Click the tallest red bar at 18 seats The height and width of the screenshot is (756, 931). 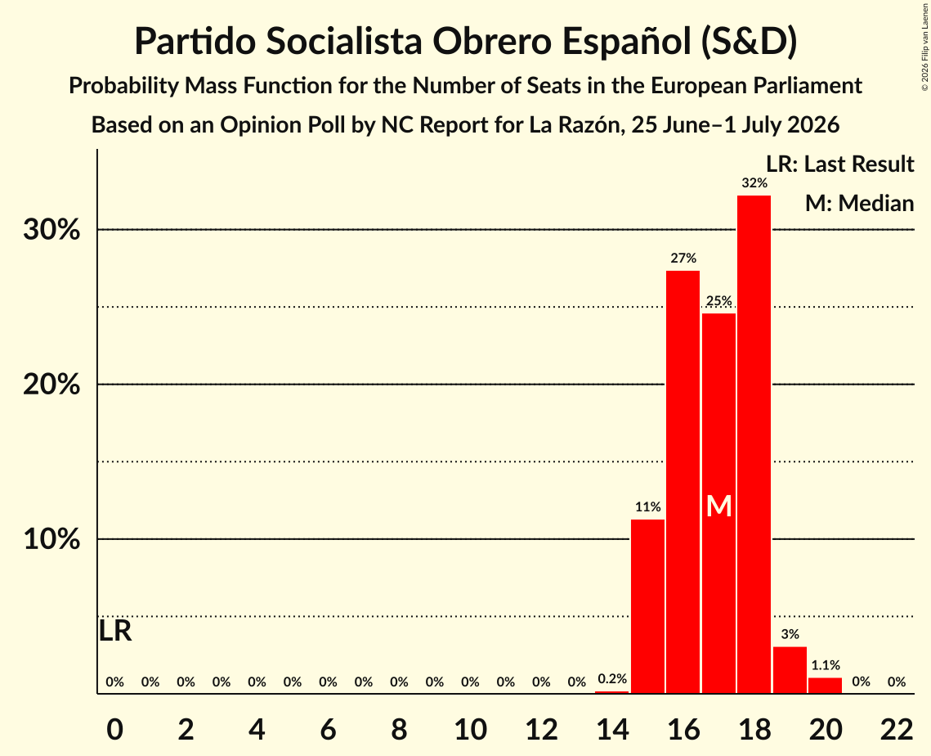click(x=754, y=444)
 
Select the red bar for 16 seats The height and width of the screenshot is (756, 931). click(x=683, y=482)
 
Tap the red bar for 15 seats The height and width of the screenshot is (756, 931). click(x=647, y=606)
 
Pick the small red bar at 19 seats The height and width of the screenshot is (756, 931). click(x=790, y=670)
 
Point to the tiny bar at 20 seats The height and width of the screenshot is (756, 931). click(x=826, y=686)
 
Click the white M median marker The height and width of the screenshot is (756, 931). click(x=718, y=506)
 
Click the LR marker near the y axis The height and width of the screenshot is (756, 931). click(x=114, y=631)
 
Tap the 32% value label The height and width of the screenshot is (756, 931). click(x=754, y=183)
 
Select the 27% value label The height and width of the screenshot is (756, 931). click(x=683, y=258)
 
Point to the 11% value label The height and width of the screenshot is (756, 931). click(x=647, y=507)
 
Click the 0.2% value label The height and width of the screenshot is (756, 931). click(x=612, y=679)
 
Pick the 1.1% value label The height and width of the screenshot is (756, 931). click(x=826, y=666)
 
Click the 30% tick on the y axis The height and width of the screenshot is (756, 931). click(x=51, y=230)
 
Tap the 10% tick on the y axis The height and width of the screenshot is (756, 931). click(x=51, y=540)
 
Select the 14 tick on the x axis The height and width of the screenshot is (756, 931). click(x=612, y=729)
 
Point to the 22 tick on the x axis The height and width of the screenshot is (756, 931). click(x=896, y=729)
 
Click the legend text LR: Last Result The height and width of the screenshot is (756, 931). click(x=839, y=164)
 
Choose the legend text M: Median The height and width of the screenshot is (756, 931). click(x=859, y=203)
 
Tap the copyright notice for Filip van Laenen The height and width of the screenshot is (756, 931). click(x=925, y=47)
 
